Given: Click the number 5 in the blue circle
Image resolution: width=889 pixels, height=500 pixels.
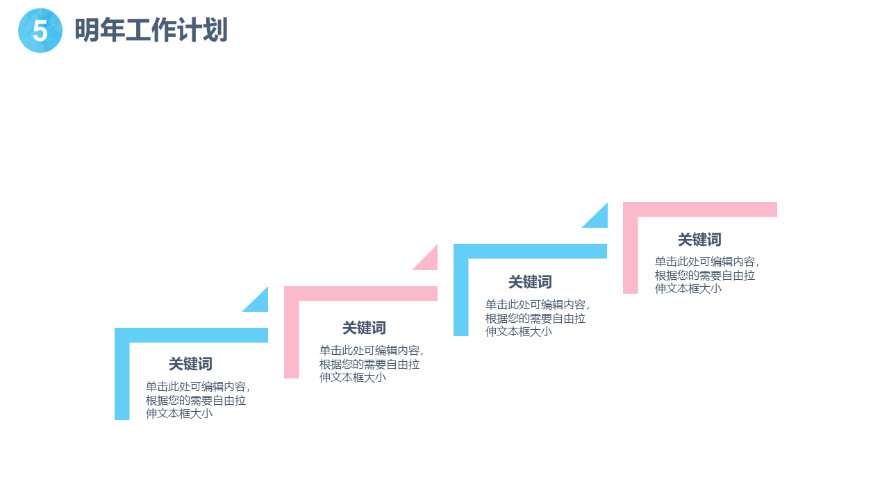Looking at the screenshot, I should [x=40, y=31].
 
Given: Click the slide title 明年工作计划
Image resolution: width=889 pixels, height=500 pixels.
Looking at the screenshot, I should [x=151, y=31].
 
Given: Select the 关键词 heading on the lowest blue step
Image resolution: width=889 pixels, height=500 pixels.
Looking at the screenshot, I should [x=190, y=364].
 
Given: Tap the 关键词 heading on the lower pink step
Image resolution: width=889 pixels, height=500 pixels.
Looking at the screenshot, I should [x=364, y=328].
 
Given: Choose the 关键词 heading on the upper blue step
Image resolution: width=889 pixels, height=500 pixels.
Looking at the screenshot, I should [x=530, y=282].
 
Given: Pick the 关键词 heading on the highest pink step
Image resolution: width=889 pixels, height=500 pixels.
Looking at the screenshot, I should [x=699, y=240].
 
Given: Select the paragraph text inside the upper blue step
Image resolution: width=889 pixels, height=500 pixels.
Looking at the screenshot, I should [x=536, y=318].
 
